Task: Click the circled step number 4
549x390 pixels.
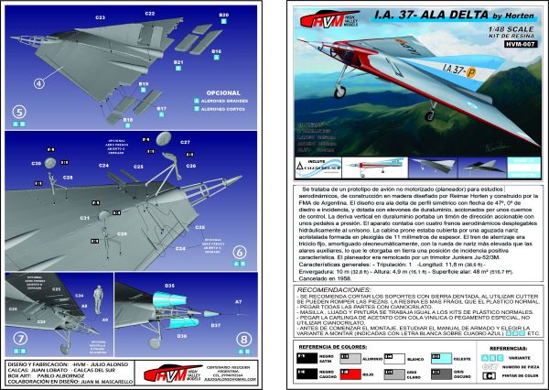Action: tap(39, 81)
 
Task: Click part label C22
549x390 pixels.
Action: tap(149, 14)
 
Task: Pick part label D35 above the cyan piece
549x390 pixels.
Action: tap(169, 287)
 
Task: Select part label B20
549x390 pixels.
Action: tap(224, 16)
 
